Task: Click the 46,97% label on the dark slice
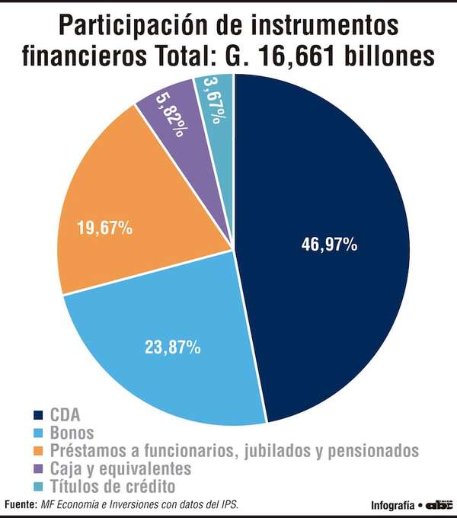click(x=329, y=245)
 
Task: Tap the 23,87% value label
click(x=173, y=347)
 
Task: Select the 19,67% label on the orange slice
click(x=105, y=227)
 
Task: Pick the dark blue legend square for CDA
click(x=37, y=416)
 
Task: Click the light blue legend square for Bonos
click(x=37, y=433)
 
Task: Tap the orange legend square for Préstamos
click(x=37, y=451)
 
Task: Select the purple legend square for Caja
click(x=37, y=468)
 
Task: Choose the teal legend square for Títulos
click(x=37, y=486)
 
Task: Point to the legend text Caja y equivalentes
click(x=120, y=468)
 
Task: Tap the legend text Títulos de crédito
click(x=113, y=486)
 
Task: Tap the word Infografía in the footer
click(x=392, y=505)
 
